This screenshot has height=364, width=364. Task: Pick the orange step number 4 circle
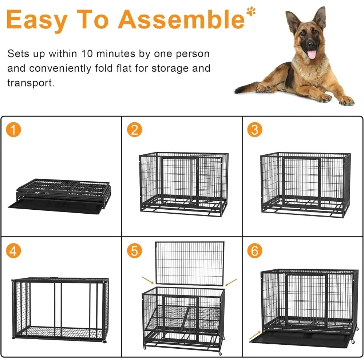point(13,251)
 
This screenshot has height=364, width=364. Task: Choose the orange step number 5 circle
point(135,251)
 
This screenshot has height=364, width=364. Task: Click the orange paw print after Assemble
point(251,11)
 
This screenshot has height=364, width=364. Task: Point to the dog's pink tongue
point(312,54)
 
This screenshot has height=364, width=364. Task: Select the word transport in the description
point(31,83)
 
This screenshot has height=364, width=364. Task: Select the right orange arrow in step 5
point(231,281)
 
